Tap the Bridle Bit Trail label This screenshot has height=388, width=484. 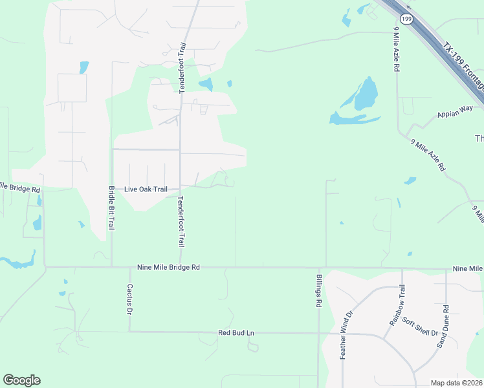tap(111, 209)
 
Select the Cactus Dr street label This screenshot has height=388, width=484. tap(129, 299)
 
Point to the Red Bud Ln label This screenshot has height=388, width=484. tap(236, 332)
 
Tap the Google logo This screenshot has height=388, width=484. tap(21, 380)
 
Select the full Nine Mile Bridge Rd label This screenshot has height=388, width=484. tap(168, 266)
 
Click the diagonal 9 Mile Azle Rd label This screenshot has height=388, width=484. tap(428, 155)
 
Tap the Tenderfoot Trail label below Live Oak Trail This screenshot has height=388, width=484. tap(181, 221)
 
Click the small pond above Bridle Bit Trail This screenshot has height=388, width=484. tap(83, 67)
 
